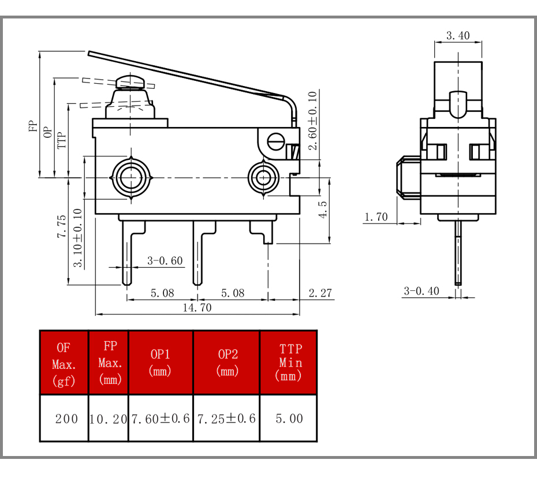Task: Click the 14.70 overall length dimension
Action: [x=197, y=308]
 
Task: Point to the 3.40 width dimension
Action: [x=458, y=36]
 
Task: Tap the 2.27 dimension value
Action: [x=320, y=293]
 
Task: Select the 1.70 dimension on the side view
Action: [x=376, y=216]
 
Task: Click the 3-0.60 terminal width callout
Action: [x=165, y=261]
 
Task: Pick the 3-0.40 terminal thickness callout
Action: [x=422, y=291]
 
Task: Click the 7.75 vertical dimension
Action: [x=62, y=227]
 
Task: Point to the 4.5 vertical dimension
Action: [x=323, y=210]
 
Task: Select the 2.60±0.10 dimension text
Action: [x=312, y=121]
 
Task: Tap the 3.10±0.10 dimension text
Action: [x=78, y=238]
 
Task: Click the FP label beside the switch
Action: [x=32, y=126]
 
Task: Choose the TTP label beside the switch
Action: [x=61, y=140]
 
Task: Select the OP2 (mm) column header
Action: [x=228, y=363]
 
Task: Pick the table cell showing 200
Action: [x=66, y=419]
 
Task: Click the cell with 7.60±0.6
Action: [x=161, y=419]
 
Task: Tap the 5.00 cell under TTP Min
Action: [x=289, y=419]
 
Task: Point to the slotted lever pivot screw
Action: [x=275, y=142]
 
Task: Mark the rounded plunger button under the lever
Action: [x=130, y=82]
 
